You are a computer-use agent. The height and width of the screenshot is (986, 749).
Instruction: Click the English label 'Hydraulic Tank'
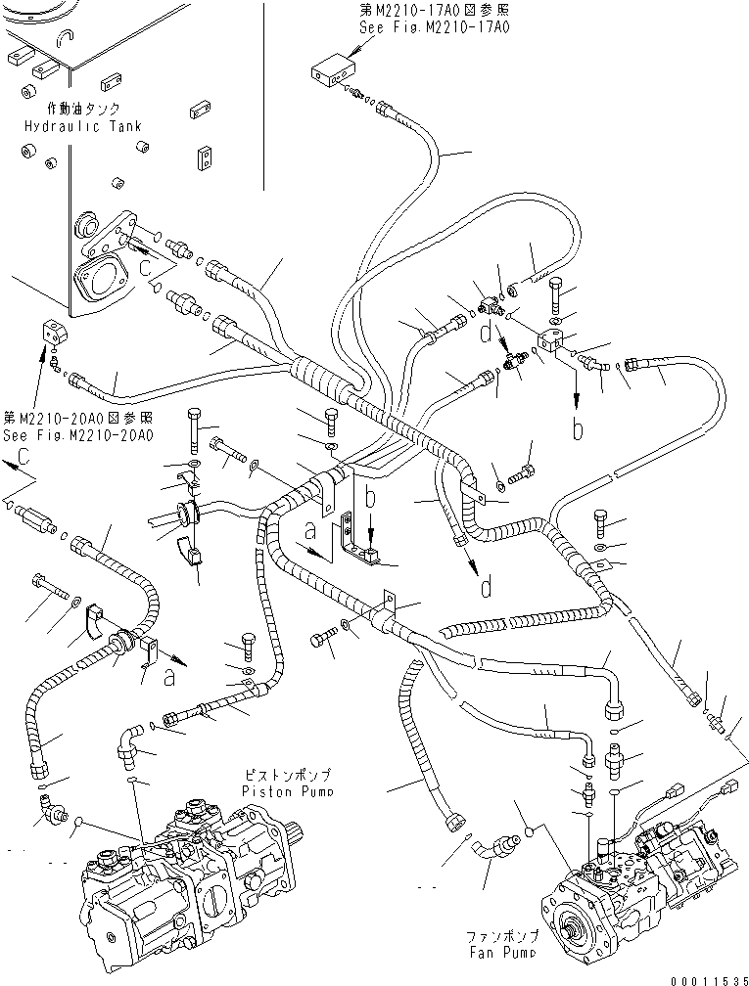(x=83, y=126)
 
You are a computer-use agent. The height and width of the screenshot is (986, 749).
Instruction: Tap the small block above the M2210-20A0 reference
(x=53, y=333)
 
